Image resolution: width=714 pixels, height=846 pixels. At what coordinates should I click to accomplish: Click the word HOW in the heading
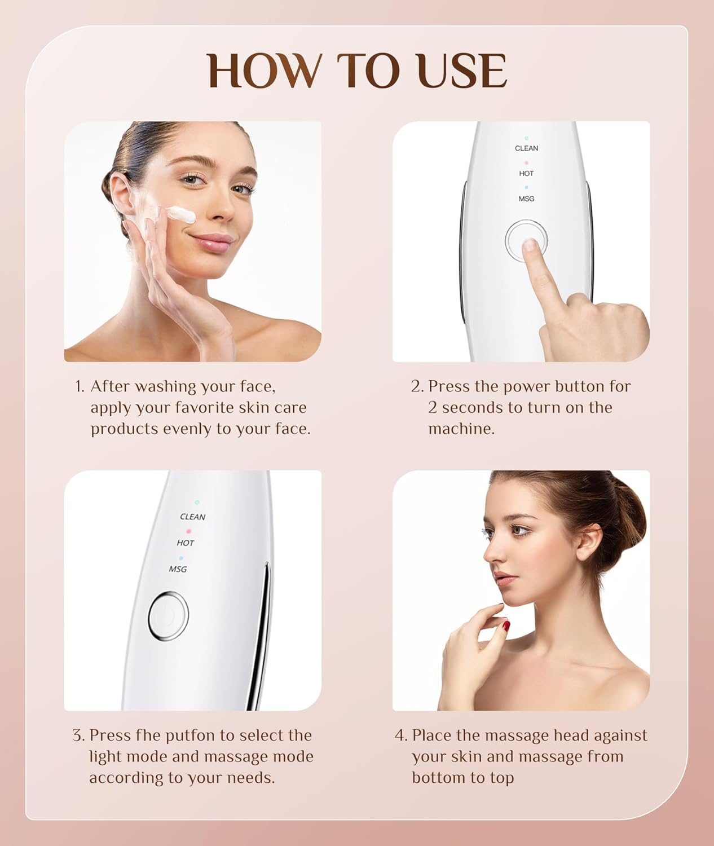pyautogui.click(x=263, y=71)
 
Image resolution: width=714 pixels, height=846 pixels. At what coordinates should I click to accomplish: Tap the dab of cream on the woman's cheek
pyautogui.click(x=181, y=214)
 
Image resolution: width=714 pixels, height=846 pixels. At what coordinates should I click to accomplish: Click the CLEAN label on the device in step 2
pyautogui.click(x=526, y=148)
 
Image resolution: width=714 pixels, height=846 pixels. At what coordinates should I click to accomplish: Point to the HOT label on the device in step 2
pyautogui.click(x=526, y=174)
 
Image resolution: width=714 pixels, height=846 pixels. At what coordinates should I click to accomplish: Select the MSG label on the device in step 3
pyautogui.click(x=178, y=569)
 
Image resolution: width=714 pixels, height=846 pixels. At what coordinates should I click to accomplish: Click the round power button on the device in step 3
pyautogui.click(x=168, y=616)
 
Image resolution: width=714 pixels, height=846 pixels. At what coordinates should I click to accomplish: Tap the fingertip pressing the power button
pyautogui.click(x=530, y=245)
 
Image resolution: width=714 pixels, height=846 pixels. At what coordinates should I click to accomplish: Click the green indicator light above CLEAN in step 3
pyautogui.click(x=197, y=501)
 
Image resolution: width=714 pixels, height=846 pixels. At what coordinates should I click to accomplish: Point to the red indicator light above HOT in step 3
pyautogui.click(x=188, y=531)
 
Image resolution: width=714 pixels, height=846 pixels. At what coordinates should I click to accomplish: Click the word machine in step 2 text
pyautogui.click(x=461, y=429)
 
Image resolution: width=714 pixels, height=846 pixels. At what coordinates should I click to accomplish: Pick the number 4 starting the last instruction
pyautogui.click(x=400, y=735)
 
